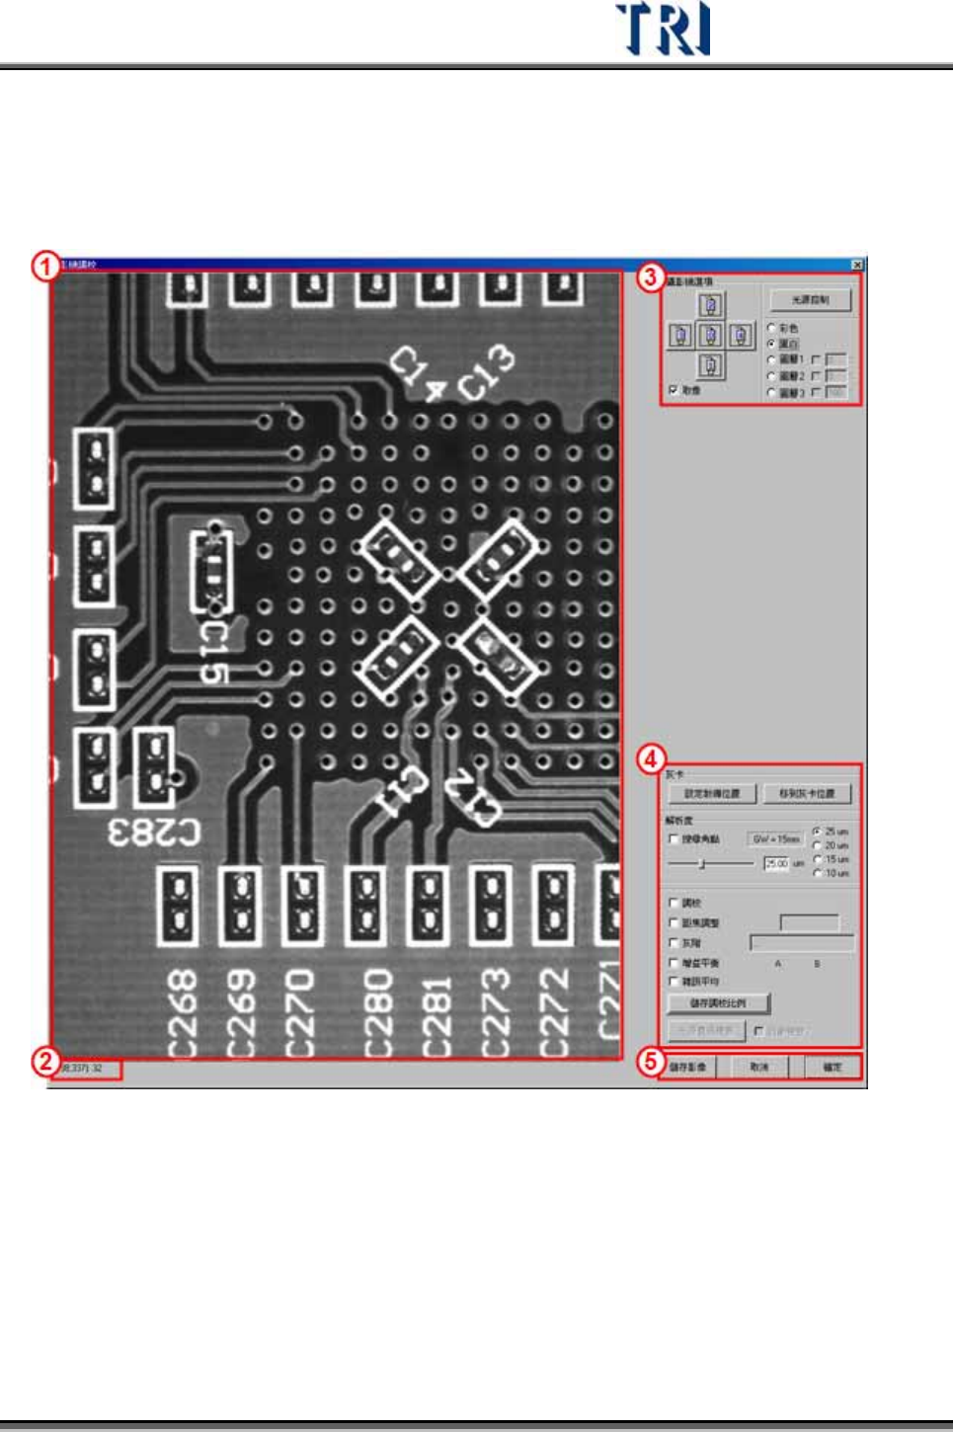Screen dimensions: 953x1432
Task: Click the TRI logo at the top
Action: (x=663, y=29)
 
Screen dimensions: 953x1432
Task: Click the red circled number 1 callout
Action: (x=45, y=267)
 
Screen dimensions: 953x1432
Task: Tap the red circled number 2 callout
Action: (x=45, y=1063)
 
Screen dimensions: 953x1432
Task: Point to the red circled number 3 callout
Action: (x=649, y=278)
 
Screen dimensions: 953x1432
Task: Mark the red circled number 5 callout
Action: (x=650, y=1063)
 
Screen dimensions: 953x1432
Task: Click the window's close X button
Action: (x=857, y=265)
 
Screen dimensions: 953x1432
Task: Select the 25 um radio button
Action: (x=817, y=832)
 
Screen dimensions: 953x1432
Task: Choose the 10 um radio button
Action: (x=817, y=873)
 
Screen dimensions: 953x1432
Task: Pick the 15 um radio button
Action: (x=817, y=859)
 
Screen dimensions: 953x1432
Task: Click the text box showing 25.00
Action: (x=776, y=863)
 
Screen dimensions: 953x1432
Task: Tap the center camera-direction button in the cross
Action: (x=710, y=336)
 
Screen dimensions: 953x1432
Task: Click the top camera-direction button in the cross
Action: (x=710, y=305)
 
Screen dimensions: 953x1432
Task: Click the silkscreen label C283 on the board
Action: (x=154, y=833)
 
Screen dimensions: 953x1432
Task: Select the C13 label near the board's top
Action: (x=486, y=372)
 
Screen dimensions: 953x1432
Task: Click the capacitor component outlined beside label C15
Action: (x=211, y=570)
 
